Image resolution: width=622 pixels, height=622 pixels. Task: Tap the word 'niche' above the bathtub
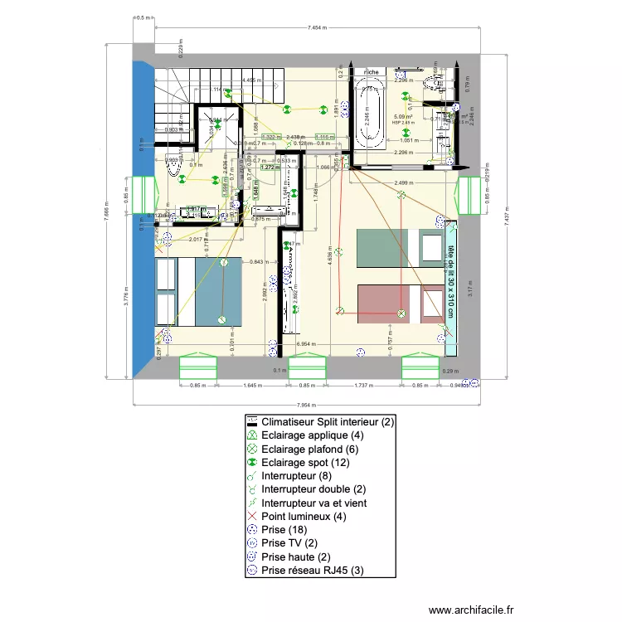(x=372, y=72)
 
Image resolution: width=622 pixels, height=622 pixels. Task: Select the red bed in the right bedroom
(x=401, y=303)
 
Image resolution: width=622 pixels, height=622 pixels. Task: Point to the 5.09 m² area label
(x=404, y=117)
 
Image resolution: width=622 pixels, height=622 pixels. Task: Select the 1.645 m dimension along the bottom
(x=255, y=386)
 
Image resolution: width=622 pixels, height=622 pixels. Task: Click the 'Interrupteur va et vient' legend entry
(x=313, y=503)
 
